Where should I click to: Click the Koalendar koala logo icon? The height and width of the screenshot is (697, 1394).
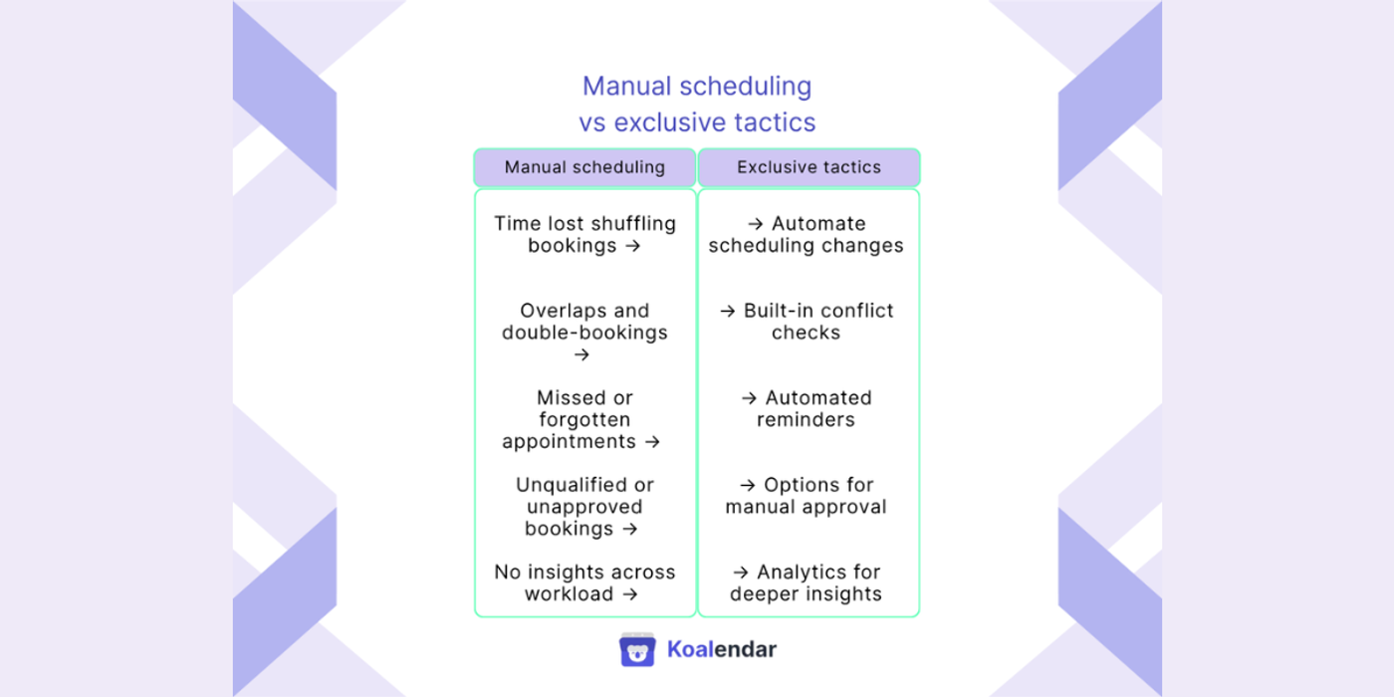(637, 649)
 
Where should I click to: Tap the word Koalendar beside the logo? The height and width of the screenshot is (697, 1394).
(721, 649)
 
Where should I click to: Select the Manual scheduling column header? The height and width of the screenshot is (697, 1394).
(584, 167)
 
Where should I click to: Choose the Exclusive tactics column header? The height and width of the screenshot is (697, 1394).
(809, 167)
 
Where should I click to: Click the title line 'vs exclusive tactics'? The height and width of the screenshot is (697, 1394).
(697, 122)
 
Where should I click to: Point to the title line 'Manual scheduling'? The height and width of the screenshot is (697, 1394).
(697, 87)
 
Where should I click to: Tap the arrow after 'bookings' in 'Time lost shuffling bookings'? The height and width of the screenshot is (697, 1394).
(632, 246)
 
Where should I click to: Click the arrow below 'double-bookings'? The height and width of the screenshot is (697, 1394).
(582, 354)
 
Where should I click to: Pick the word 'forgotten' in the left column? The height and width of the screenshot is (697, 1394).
(584, 419)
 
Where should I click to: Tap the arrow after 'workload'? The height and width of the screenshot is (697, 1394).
(630, 594)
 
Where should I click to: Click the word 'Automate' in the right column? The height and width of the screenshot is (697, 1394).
(818, 223)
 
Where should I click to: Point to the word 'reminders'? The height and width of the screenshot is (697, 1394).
(806, 419)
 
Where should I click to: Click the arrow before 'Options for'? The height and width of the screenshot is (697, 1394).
(748, 485)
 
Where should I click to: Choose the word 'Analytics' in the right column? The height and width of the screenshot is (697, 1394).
(818, 572)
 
